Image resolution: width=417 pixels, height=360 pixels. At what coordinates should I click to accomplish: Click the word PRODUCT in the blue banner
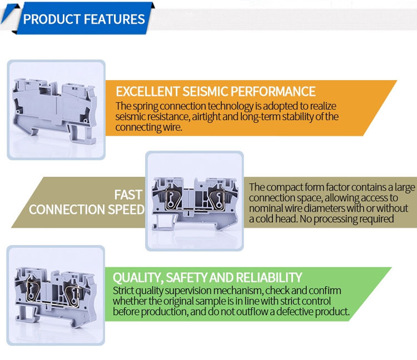[x=52, y=19]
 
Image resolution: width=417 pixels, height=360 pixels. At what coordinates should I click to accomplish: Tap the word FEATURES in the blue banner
[x=115, y=19]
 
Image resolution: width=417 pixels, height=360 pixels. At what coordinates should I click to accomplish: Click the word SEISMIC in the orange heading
[x=205, y=92]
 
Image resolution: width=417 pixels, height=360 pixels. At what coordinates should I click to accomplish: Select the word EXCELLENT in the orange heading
[x=147, y=92]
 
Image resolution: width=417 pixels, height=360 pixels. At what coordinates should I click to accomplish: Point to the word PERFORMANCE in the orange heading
[x=273, y=92]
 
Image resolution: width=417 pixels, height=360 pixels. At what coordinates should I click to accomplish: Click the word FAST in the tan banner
[x=128, y=195]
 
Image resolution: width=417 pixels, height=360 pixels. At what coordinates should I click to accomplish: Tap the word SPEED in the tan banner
[x=126, y=209]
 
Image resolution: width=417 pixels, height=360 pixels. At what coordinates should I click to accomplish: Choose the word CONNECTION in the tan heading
[x=67, y=209]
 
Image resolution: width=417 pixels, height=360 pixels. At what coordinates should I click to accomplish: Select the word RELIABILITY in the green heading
[x=269, y=278]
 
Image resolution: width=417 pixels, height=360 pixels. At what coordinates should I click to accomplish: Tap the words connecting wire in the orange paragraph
[x=148, y=127]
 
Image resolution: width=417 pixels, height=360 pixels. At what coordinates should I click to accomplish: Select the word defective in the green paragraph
[x=294, y=311]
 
